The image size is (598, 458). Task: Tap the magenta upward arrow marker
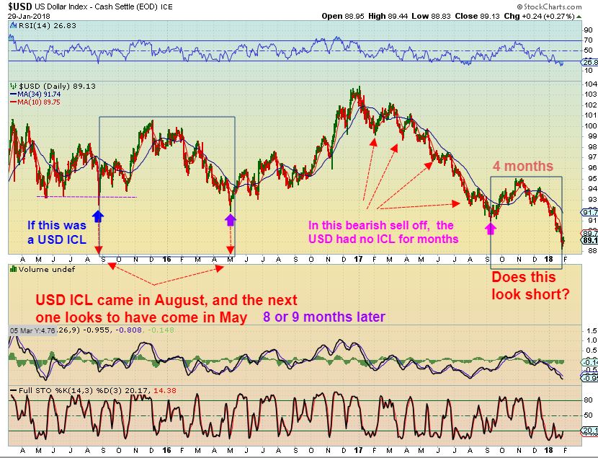click(x=491, y=228)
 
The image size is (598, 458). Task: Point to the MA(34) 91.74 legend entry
click(x=34, y=94)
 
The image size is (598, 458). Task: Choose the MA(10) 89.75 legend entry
click(x=34, y=102)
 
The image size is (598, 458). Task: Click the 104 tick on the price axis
click(x=589, y=84)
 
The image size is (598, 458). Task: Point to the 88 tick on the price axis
click(x=589, y=251)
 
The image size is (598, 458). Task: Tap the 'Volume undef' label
click(x=36, y=268)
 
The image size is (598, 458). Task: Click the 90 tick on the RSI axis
click(x=588, y=30)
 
